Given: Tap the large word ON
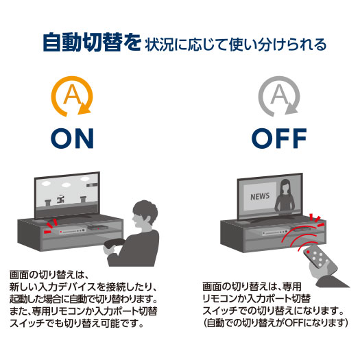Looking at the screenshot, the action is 72,139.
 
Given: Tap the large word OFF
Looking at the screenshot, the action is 279,139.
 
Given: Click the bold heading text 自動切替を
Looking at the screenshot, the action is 92,43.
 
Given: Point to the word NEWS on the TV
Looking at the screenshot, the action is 260,197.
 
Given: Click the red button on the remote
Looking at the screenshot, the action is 308,252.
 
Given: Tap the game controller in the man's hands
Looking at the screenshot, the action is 113,243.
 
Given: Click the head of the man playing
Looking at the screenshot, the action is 144,214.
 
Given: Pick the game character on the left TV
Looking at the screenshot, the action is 60,199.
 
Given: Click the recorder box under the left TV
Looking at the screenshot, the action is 72,231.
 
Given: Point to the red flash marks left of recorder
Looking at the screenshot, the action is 50,226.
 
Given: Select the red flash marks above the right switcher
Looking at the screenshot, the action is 317,220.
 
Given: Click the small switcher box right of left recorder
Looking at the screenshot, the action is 98,228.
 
